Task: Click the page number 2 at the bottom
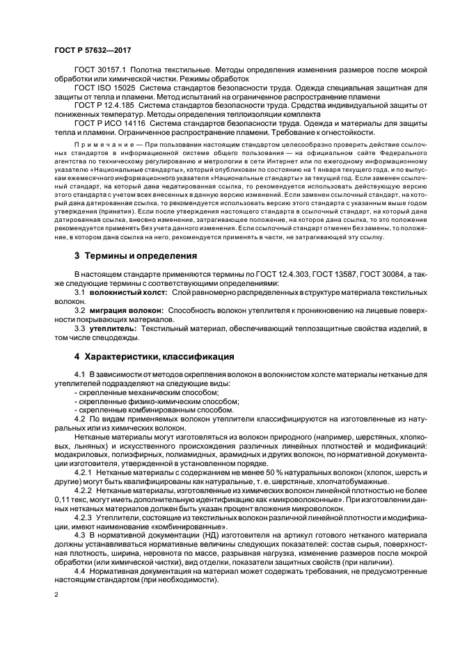tap(57, 595)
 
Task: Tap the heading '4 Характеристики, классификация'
tap(154, 357)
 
